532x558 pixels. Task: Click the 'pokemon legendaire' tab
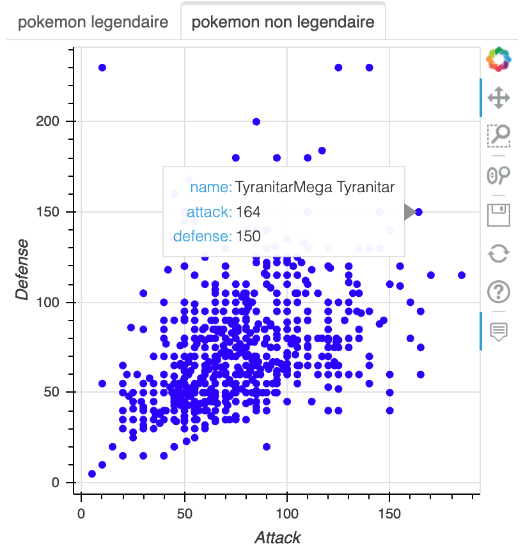click(93, 23)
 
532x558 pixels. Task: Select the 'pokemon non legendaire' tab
click(283, 23)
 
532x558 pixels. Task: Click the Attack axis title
click(278, 538)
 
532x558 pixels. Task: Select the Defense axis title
click(23, 269)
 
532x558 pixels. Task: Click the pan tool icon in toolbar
click(498, 98)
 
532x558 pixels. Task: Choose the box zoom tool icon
click(498, 135)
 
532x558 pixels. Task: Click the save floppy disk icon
click(498, 215)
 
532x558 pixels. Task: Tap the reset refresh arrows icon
click(498, 253)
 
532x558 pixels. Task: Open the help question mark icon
click(498, 292)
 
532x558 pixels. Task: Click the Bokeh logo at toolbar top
click(498, 59)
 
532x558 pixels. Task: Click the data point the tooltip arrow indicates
click(419, 212)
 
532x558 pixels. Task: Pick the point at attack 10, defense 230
click(102, 67)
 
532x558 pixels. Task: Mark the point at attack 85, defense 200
click(256, 121)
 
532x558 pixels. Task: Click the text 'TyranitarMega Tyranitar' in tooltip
click(315, 188)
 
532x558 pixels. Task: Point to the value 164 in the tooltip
click(248, 212)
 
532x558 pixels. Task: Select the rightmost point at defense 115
click(462, 275)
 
